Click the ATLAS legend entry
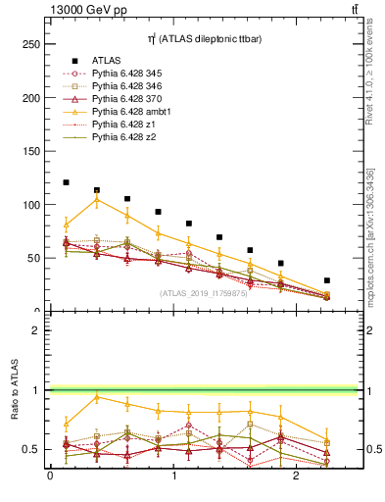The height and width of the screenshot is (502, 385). tap(106, 60)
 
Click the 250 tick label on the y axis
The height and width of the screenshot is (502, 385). tap(30, 44)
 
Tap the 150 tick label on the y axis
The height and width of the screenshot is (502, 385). tap(30, 151)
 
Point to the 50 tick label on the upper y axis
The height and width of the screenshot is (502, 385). tap(33, 258)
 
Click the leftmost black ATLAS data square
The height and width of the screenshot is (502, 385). tap(66, 182)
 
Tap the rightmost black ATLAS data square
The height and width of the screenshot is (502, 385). tap(327, 280)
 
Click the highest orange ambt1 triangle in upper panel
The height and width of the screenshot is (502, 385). tap(96, 199)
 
